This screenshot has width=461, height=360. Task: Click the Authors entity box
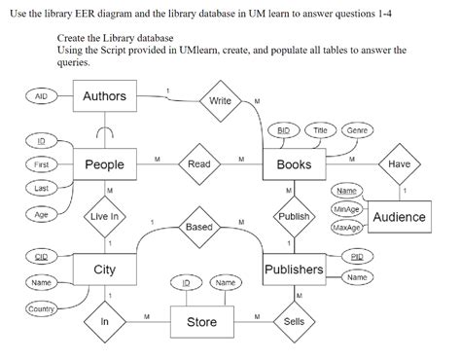[x=105, y=97]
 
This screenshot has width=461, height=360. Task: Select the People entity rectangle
[x=105, y=165]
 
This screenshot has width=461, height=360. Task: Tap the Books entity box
[x=294, y=165]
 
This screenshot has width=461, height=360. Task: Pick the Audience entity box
[x=399, y=216]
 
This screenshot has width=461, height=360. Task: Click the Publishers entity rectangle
[x=294, y=270]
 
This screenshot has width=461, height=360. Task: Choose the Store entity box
[x=201, y=321]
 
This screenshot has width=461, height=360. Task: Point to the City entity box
[x=105, y=270]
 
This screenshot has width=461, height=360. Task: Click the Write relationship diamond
[x=220, y=100]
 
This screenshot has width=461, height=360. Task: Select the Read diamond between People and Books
[x=198, y=165]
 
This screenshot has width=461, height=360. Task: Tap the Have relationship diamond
[x=399, y=165]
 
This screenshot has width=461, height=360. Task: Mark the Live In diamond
[x=105, y=216]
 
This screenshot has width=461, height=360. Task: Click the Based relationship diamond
[x=198, y=227]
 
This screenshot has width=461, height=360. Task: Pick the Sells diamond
[x=294, y=321]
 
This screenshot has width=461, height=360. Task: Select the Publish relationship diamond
[x=294, y=216]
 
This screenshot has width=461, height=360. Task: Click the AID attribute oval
[x=41, y=97]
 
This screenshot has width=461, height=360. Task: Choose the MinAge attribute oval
[x=345, y=209]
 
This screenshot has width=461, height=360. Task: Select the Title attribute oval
[x=319, y=129]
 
